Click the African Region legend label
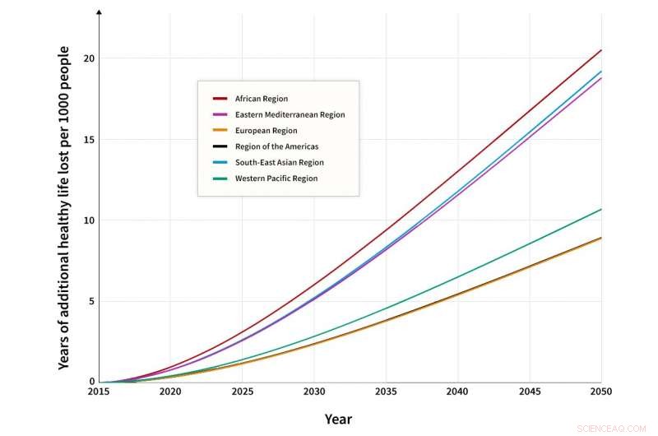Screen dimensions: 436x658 click(x=261, y=99)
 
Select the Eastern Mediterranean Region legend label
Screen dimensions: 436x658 click(x=290, y=114)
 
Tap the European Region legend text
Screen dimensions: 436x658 click(x=266, y=131)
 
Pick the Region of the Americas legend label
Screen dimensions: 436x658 click(x=277, y=146)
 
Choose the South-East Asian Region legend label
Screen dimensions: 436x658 click(x=279, y=163)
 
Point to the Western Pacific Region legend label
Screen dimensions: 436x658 click(x=276, y=179)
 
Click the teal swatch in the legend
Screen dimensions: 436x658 click(x=220, y=179)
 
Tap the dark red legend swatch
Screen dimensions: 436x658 click(x=220, y=99)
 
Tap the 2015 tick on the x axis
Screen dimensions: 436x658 click(x=99, y=393)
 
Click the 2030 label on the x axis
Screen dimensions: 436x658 click(x=314, y=393)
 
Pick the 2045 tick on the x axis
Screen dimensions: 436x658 click(x=530, y=393)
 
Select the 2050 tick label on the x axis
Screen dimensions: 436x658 click(x=601, y=393)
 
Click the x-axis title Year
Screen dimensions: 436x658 click(x=338, y=420)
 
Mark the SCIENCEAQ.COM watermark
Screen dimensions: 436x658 click(x=612, y=429)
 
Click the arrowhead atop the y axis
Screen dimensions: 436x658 click(x=99, y=12)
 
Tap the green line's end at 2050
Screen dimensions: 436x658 click(x=601, y=209)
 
